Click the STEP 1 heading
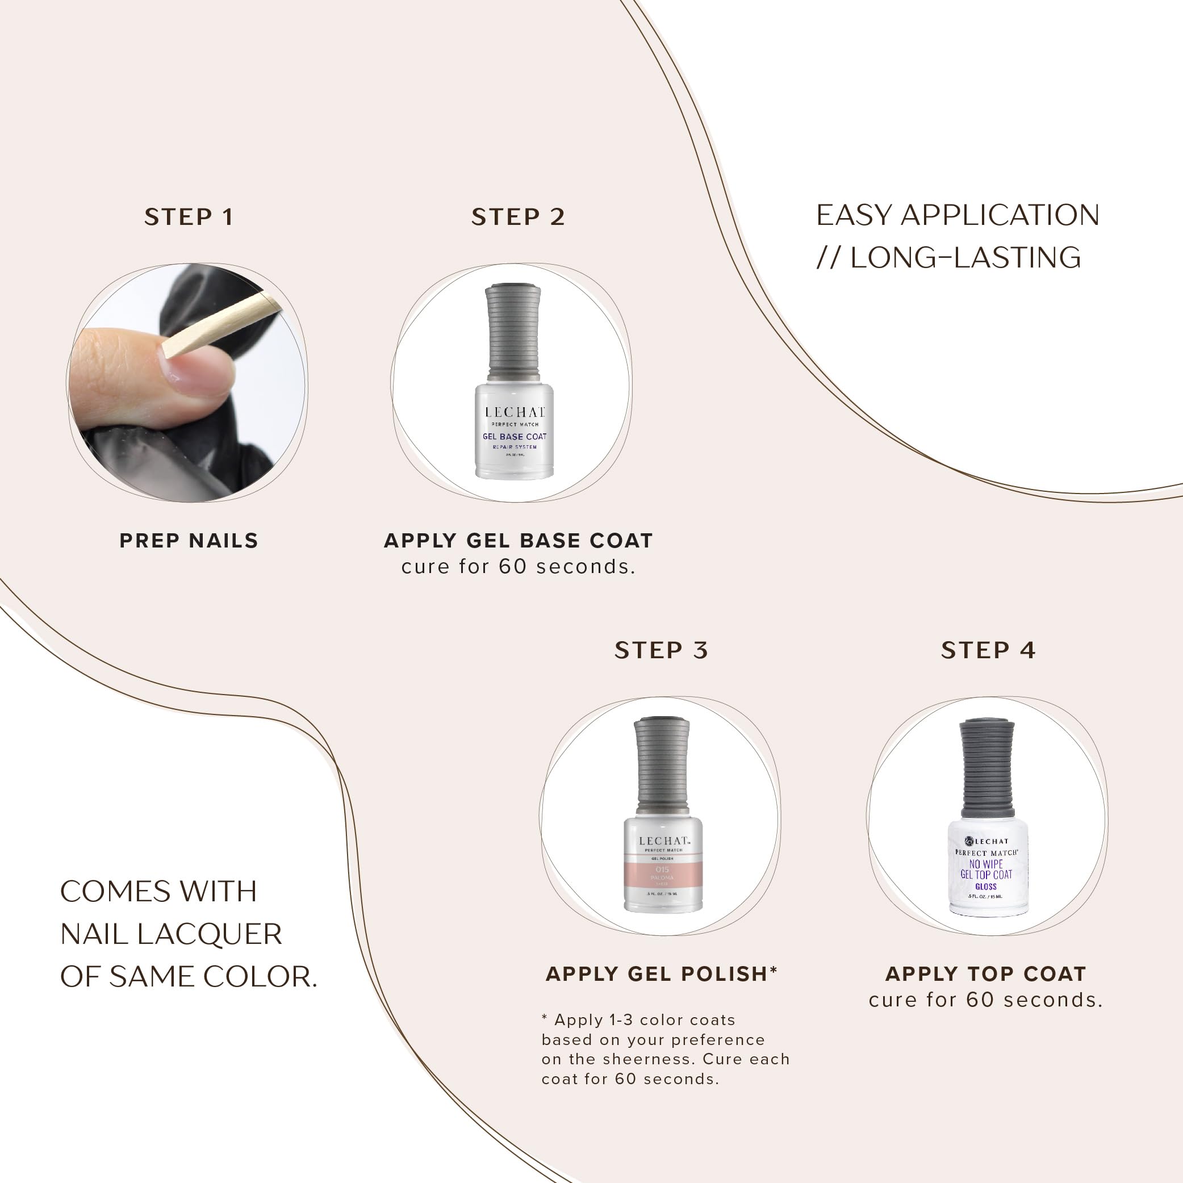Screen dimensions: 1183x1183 tap(189, 217)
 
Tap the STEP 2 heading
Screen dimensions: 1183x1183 tap(518, 217)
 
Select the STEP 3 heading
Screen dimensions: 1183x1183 tap(661, 650)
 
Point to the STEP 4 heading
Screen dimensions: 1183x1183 tap(988, 650)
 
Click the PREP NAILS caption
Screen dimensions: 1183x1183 tap(189, 541)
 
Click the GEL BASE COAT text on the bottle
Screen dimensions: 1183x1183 tap(515, 437)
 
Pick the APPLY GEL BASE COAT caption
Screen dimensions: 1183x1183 tap(518, 541)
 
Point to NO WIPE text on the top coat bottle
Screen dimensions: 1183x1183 tap(986, 864)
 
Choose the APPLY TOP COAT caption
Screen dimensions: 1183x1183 tap(986, 973)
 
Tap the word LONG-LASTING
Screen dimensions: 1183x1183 tap(965, 258)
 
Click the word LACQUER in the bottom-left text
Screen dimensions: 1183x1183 tap(210, 934)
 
